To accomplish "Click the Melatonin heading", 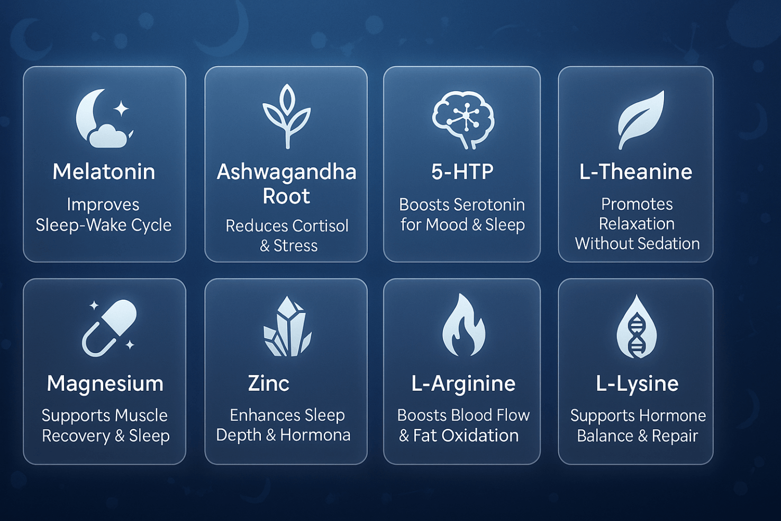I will click(x=104, y=172).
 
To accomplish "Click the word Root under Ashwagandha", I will click(x=286, y=196).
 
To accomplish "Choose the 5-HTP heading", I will click(x=462, y=172).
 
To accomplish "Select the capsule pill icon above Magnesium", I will click(x=110, y=328).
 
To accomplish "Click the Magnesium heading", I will click(x=105, y=384).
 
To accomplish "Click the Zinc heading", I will click(x=269, y=384).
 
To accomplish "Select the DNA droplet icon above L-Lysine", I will click(x=637, y=327).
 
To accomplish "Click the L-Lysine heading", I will click(x=637, y=384).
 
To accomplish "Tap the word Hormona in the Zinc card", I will click(x=315, y=435).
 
